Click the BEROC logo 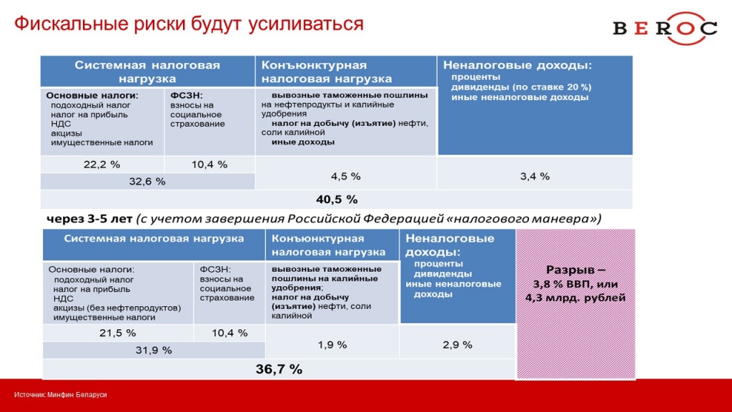coord(665,28)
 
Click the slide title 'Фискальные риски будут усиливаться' coord(189,24)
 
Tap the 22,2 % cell coord(102,165)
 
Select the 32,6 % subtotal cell coord(147,181)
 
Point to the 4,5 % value coord(345,176)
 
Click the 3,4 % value coord(535,176)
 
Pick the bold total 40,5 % coord(337,200)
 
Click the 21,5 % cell coord(118,333)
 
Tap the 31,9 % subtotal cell coord(154,350)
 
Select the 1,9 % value coord(332,345)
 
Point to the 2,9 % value coord(457,345)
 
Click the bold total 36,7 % coord(279,369)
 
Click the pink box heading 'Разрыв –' coord(575,270)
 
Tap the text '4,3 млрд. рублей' coord(575,298)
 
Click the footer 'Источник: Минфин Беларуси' coord(60,395)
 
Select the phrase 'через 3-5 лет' coord(89,219)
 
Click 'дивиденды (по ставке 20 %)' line coord(521,87)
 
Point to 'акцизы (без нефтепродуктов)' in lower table coord(117,308)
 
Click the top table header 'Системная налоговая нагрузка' coord(147,72)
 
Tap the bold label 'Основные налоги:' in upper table coord(92,95)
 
